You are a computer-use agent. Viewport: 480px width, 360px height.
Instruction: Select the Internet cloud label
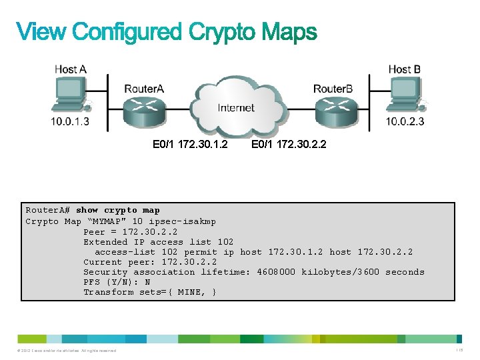[236, 108]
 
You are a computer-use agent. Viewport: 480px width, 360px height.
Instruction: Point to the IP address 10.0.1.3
[70, 121]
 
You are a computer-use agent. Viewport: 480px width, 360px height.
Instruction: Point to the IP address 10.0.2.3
[405, 121]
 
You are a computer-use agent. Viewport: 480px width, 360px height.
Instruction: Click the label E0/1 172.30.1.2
[190, 144]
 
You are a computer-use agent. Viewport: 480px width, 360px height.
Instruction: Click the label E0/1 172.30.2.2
[289, 144]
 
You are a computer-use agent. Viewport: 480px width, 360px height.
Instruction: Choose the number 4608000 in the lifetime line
[276, 272]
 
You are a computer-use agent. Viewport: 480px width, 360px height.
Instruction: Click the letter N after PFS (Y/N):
[147, 282]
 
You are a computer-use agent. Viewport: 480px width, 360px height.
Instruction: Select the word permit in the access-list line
[201, 252]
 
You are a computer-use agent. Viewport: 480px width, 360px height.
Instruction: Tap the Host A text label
[70, 69]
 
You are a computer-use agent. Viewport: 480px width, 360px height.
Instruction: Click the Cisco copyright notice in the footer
[63, 351]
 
